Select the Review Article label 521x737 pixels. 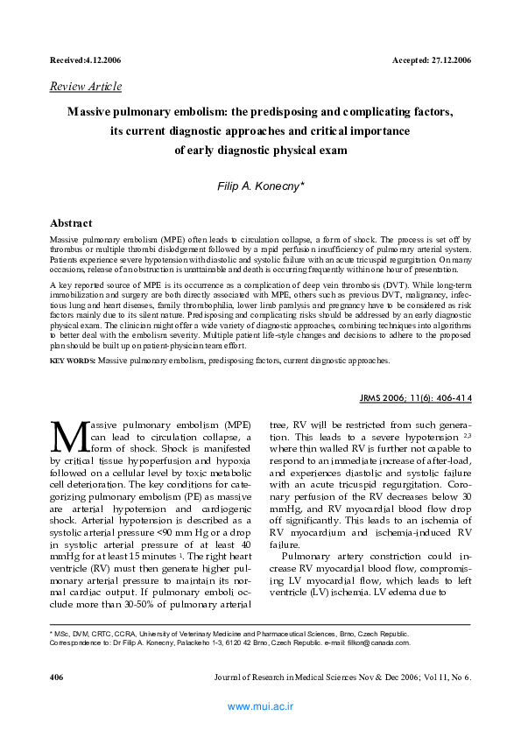pyautogui.click(x=86, y=87)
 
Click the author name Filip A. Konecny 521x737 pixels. pyautogui.click(x=258, y=187)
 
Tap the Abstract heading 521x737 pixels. pyautogui.click(x=71, y=223)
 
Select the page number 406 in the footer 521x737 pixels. pyautogui.click(x=57, y=678)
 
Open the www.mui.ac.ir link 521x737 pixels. pyautogui.click(x=260, y=705)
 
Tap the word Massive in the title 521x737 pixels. pyautogui.click(x=95, y=113)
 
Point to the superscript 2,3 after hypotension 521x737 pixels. pyautogui.click(x=468, y=434)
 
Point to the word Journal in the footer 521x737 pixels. pyautogui.click(x=230, y=678)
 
